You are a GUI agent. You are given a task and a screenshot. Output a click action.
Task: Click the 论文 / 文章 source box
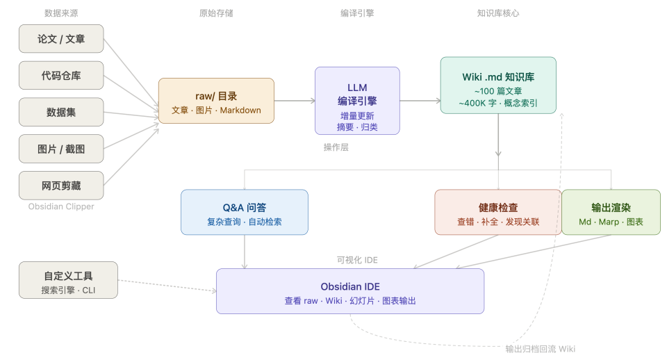tap(61, 39)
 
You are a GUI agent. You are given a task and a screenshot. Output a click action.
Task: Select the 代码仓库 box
tap(61, 75)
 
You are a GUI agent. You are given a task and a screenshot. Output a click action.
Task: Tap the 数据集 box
tap(61, 112)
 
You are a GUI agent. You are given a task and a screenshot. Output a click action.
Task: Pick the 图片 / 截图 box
tap(61, 149)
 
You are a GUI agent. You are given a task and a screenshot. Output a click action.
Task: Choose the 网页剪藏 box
tap(61, 186)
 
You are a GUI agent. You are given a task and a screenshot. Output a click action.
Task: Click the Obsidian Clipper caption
tap(61, 206)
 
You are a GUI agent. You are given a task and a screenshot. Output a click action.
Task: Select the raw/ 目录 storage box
tap(216, 101)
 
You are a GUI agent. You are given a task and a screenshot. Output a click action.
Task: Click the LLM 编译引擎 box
tap(357, 101)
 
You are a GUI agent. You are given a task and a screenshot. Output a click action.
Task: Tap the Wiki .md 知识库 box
tap(498, 85)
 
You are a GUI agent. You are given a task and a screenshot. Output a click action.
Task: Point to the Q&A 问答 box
tap(244, 212)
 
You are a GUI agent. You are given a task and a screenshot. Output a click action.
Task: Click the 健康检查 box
tap(497, 212)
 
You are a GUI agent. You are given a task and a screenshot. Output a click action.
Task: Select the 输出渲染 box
tap(611, 212)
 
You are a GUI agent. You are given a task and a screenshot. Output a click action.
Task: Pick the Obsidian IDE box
tap(350, 291)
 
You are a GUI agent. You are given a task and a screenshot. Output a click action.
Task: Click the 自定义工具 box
tap(68, 280)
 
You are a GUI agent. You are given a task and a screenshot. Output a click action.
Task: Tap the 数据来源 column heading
tap(61, 13)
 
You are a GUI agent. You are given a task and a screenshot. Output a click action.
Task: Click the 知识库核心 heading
tap(498, 13)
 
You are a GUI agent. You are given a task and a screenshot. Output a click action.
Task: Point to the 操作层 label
tap(336, 147)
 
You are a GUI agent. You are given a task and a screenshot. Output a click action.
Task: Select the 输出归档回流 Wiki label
tap(540, 349)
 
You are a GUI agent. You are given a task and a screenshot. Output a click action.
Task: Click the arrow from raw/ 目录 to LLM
tap(294, 101)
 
